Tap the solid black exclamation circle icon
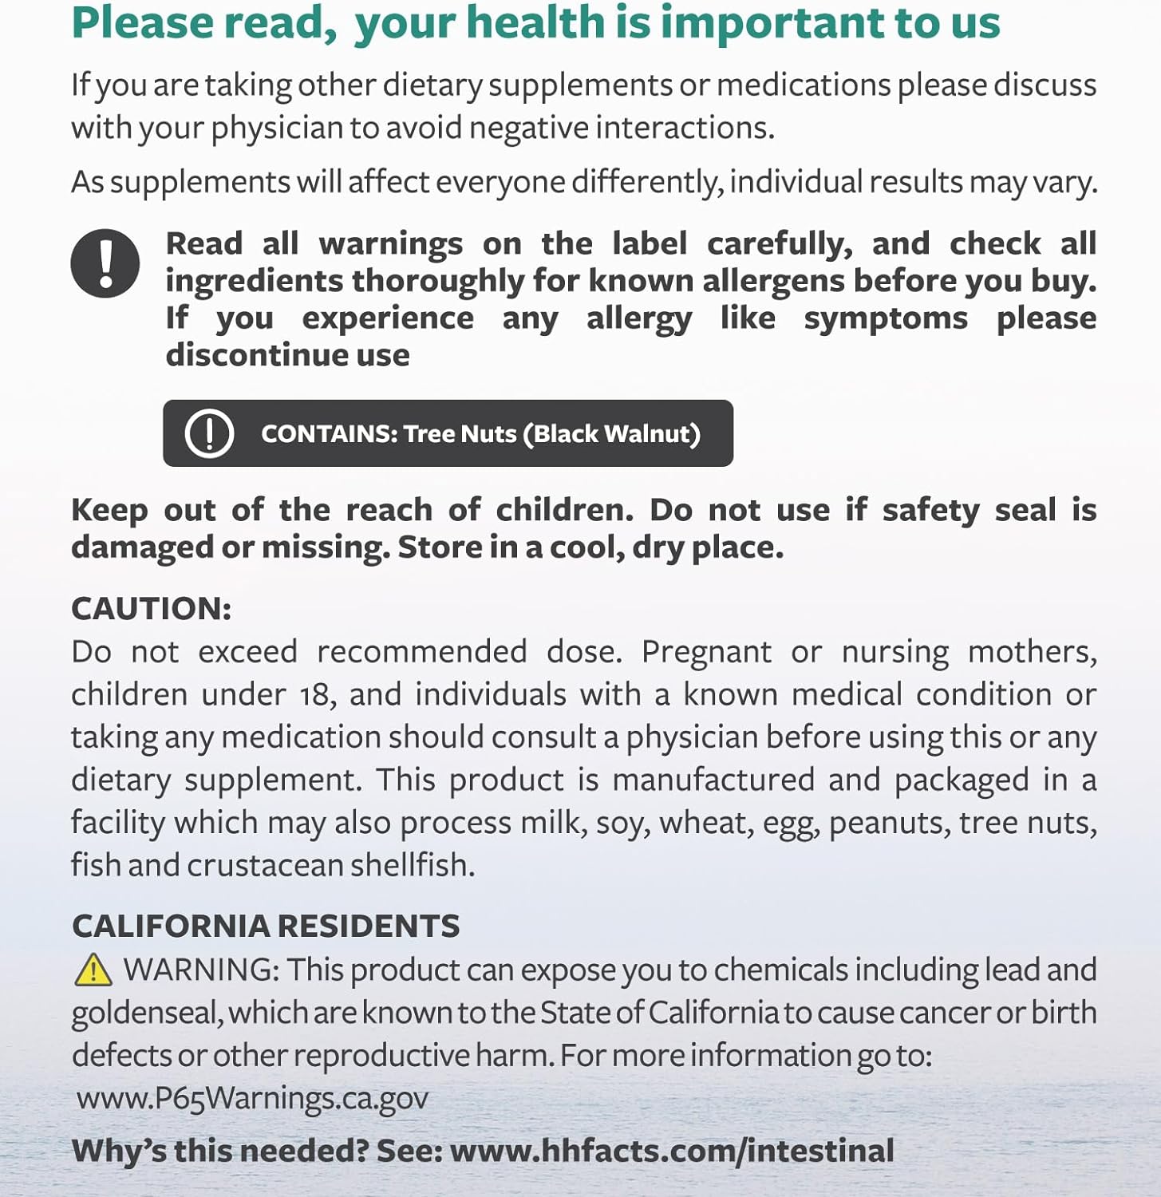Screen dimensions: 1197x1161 click(x=105, y=263)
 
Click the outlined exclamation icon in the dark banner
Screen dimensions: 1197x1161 click(x=209, y=433)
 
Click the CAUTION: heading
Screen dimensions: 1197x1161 click(x=151, y=608)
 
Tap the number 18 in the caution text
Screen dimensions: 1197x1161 click(x=314, y=694)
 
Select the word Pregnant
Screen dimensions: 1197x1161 click(x=706, y=652)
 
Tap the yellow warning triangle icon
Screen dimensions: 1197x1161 click(x=93, y=970)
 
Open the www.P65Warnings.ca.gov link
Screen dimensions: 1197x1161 click(x=252, y=1098)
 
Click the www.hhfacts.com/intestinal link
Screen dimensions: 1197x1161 click(x=672, y=1151)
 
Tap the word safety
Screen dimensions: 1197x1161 click(x=930, y=509)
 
